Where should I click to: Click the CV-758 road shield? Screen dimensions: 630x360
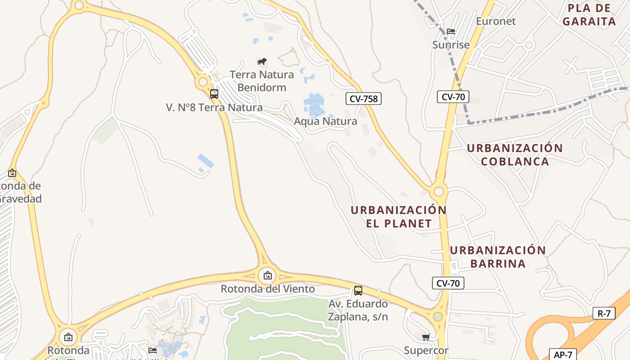[364, 99]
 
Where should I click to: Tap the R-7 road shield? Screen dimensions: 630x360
[604, 313]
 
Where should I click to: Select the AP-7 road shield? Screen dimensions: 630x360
[562, 355]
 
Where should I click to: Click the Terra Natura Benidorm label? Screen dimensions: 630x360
[261, 81]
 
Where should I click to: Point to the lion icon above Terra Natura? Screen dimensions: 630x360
[262, 61]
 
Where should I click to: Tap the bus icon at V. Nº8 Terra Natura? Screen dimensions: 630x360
[214, 94]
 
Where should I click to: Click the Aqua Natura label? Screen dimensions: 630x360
[325, 121]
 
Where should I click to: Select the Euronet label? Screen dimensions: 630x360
[496, 21]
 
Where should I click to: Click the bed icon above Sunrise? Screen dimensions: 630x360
[451, 31]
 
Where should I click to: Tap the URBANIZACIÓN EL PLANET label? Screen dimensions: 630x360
[399, 216]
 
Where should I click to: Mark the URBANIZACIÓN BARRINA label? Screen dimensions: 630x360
[498, 256]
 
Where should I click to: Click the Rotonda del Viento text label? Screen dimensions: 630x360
[268, 289]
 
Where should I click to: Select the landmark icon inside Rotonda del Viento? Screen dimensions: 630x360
[268, 275]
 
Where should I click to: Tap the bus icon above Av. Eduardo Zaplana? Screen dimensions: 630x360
[358, 290]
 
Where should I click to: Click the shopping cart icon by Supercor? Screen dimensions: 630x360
[426, 337]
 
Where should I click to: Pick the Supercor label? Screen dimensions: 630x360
[426, 351]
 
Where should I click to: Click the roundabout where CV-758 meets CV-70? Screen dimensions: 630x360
[439, 192]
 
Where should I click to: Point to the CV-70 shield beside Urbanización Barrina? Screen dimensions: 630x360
[448, 283]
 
